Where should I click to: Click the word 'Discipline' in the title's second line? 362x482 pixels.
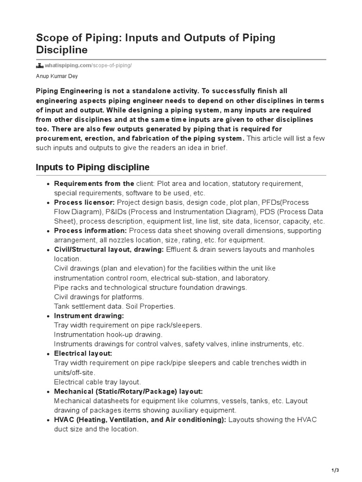coord(62,49)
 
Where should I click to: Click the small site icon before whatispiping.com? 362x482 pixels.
coord(40,65)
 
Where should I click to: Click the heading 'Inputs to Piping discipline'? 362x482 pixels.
coord(93,167)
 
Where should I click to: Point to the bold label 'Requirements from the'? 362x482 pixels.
coord(94,184)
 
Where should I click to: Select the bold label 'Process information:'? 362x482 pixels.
coord(90,231)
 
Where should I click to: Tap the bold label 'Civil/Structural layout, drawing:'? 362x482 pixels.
coord(109,249)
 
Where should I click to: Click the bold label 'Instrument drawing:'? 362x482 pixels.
coord(89,316)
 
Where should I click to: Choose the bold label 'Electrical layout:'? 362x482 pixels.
coord(83,353)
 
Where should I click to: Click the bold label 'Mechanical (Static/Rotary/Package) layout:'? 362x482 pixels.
coord(128,392)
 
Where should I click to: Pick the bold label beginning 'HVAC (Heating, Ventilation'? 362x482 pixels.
coord(140,420)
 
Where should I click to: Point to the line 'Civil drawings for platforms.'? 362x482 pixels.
coord(99,297)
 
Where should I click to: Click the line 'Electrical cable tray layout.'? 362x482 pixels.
coord(98,382)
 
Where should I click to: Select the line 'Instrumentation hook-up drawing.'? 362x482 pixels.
coord(108,335)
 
